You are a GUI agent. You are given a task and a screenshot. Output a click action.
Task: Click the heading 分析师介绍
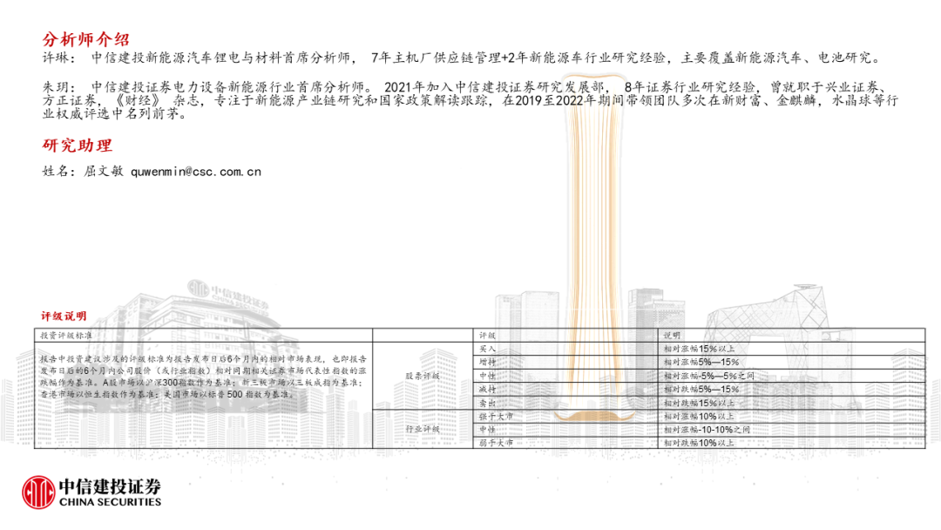click(86, 40)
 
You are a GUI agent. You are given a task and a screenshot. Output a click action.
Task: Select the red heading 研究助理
click(78, 145)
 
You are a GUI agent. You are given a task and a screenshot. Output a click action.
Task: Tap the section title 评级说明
click(64, 316)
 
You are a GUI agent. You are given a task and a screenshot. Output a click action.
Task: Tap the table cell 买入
click(488, 348)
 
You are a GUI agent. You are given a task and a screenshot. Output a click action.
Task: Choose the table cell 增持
click(488, 362)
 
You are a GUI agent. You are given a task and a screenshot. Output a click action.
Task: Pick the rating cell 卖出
click(488, 403)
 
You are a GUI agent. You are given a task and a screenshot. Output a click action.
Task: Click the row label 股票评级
click(423, 376)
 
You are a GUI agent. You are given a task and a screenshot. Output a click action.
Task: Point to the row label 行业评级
click(423, 430)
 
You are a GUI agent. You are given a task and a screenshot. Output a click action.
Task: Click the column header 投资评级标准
click(66, 335)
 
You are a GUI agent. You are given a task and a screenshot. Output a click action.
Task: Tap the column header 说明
click(672, 335)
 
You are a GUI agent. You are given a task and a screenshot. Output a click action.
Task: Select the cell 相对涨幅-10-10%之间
click(706, 430)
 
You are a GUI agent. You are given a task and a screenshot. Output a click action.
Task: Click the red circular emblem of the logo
click(37, 491)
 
